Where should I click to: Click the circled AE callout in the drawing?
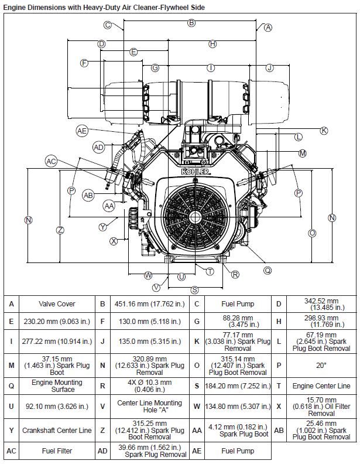[x=82, y=131]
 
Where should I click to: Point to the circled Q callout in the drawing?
[x=268, y=271]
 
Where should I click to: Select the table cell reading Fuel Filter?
[x=57, y=452]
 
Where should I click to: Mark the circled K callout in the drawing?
[x=324, y=130]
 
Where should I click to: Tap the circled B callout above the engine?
[x=191, y=23]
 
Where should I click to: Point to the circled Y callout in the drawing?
[x=103, y=227]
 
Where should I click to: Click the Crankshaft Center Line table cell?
[x=57, y=430]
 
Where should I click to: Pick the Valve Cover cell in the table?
[x=57, y=304]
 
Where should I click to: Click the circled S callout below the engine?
[x=194, y=289]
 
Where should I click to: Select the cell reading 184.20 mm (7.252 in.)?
[x=231, y=385]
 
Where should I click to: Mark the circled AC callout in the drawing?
[x=52, y=161]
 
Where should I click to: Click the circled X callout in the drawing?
[x=114, y=240]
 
